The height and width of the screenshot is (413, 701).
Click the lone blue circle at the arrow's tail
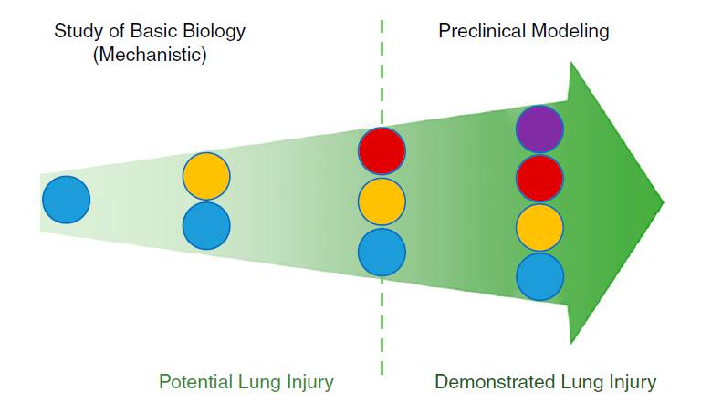click(x=66, y=200)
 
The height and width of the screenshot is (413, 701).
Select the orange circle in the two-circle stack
click(x=206, y=176)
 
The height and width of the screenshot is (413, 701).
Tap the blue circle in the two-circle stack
click(x=206, y=225)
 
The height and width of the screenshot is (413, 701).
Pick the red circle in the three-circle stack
click(x=382, y=151)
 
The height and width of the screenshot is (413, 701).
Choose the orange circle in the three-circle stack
click(x=382, y=201)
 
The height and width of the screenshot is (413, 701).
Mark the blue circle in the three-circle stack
click(x=382, y=252)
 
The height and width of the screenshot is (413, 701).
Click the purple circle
click(x=539, y=129)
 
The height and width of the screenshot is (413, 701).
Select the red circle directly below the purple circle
click(x=539, y=178)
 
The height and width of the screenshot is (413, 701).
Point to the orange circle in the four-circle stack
click(x=539, y=227)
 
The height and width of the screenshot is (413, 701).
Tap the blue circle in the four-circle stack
click(x=539, y=277)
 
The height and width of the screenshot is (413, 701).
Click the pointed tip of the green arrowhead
click(x=664, y=202)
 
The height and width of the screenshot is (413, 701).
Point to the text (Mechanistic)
click(x=150, y=56)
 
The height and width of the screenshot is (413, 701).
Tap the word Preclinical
click(x=482, y=31)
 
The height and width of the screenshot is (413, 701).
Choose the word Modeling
click(x=570, y=32)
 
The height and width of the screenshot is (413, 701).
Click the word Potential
click(x=196, y=382)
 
